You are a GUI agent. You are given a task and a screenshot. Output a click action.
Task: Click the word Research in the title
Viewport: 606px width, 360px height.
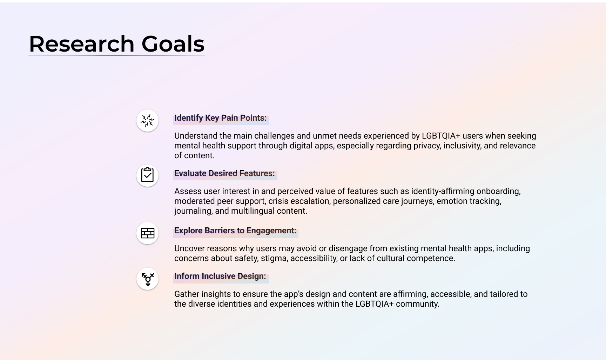pyautogui.click(x=82, y=44)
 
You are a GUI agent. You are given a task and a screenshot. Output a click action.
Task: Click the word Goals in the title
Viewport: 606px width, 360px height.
pyautogui.click(x=173, y=44)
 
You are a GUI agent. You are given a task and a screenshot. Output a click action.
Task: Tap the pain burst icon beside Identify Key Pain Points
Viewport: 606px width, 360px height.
pyautogui.click(x=147, y=121)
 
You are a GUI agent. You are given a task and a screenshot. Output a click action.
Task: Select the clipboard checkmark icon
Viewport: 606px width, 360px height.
pyautogui.click(x=147, y=175)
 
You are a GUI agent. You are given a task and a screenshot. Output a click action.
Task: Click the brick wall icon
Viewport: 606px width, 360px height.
pyautogui.click(x=147, y=233)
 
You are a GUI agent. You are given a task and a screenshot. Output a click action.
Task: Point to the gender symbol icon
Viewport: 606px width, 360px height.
pyautogui.click(x=148, y=279)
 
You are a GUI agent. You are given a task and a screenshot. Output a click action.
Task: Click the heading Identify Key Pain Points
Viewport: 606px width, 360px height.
pyautogui.click(x=220, y=118)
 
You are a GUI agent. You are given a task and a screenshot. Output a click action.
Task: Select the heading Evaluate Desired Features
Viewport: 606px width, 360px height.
pyautogui.click(x=224, y=173)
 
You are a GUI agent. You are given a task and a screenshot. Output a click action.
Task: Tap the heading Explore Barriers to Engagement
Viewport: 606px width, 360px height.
pyautogui.click(x=235, y=231)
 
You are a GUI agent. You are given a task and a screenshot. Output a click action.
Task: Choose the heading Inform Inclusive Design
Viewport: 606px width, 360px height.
pyautogui.click(x=220, y=276)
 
